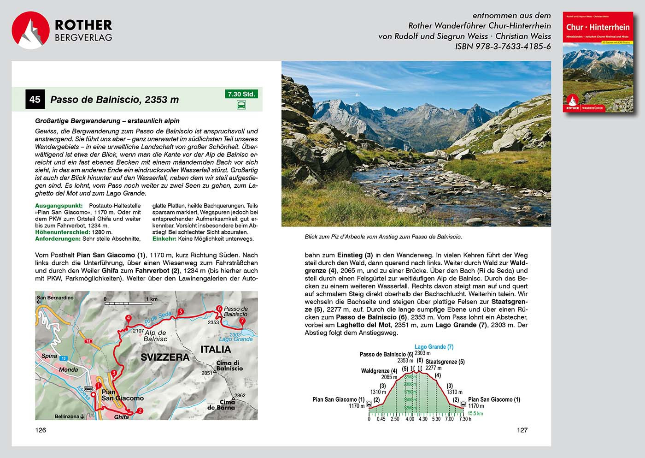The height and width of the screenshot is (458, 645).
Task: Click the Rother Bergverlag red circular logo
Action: (x=30, y=30)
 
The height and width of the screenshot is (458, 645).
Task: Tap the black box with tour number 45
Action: (x=35, y=99)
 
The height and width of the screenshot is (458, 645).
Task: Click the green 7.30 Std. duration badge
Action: (x=241, y=94)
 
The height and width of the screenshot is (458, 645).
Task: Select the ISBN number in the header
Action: (x=503, y=47)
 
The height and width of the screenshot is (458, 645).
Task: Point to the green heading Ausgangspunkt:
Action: (x=59, y=206)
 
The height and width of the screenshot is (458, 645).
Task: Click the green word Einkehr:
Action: (x=164, y=238)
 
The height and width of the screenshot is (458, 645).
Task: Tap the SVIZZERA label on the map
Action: (x=165, y=357)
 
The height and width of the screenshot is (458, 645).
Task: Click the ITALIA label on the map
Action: (x=216, y=349)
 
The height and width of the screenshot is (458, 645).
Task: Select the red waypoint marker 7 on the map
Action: (x=243, y=321)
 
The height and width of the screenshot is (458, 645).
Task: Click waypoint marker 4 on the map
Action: (x=128, y=318)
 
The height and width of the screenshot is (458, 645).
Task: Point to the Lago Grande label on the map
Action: (x=235, y=339)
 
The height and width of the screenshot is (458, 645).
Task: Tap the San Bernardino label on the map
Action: (x=55, y=297)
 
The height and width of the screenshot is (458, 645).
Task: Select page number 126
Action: (x=41, y=430)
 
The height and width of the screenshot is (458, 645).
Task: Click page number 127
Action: (x=522, y=430)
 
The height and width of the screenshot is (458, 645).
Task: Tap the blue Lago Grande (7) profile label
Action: (x=434, y=346)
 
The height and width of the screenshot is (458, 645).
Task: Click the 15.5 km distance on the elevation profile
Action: (x=475, y=413)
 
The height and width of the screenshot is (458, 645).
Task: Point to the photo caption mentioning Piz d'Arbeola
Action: (x=383, y=237)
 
